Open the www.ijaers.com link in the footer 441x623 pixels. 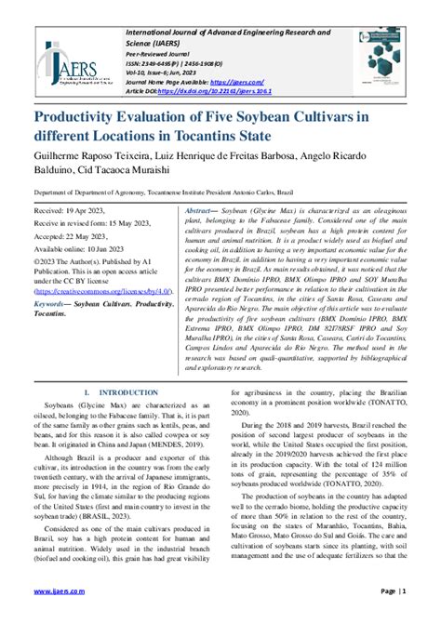click(x=60, y=590)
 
